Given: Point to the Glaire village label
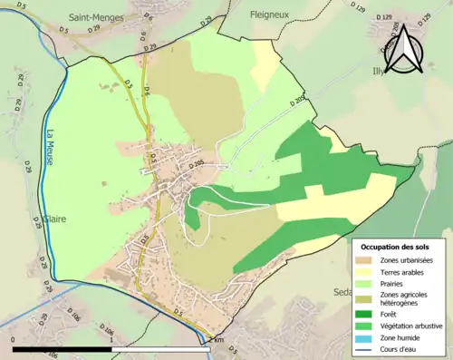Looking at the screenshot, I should (x=53, y=219).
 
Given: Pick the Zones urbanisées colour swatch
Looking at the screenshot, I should (x=365, y=260).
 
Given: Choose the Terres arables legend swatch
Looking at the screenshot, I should (x=365, y=271).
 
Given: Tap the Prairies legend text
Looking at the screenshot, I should (x=395, y=282).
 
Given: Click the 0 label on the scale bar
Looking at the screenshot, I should (x=14, y=340).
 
